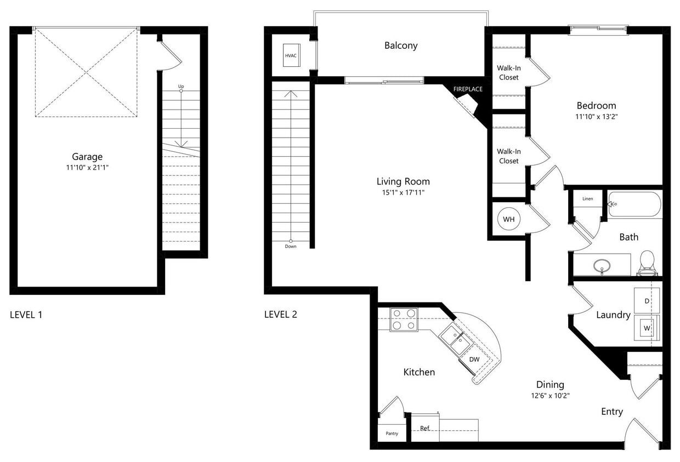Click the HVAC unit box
point(291,55)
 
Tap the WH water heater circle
point(508,219)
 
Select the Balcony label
point(400,45)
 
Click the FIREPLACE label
point(467,89)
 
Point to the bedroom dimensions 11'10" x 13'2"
point(596,116)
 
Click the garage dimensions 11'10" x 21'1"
point(87,167)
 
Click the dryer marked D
point(647,301)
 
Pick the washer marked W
point(647,328)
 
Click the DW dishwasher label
point(474,360)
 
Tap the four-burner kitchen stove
point(404,319)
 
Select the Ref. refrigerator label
point(424,429)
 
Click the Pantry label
point(392,434)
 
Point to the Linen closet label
point(587,198)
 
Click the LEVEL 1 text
point(26,315)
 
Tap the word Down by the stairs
point(291,247)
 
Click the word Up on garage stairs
point(181,87)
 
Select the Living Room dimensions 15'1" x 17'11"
point(403,192)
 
